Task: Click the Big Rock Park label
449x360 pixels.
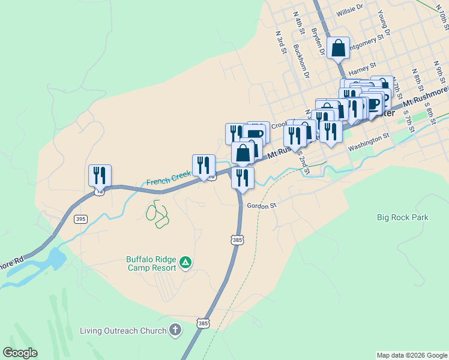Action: [x=403, y=217]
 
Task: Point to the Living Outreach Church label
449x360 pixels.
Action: [x=124, y=331]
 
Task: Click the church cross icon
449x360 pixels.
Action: [x=175, y=330]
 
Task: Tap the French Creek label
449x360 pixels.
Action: [x=169, y=179]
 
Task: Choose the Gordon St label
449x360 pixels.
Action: [x=261, y=205]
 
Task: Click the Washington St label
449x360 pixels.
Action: [x=369, y=142]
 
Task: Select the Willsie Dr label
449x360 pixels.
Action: [x=350, y=10]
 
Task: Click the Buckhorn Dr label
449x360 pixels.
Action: [x=301, y=61]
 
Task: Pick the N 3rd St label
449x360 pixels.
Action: [x=280, y=41]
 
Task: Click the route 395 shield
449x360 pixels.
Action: [x=80, y=219]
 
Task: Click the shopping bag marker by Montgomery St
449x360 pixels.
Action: [x=339, y=47]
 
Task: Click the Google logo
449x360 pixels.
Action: [x=20, y=353]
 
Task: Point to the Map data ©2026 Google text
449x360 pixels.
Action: [x=412, y=355]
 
